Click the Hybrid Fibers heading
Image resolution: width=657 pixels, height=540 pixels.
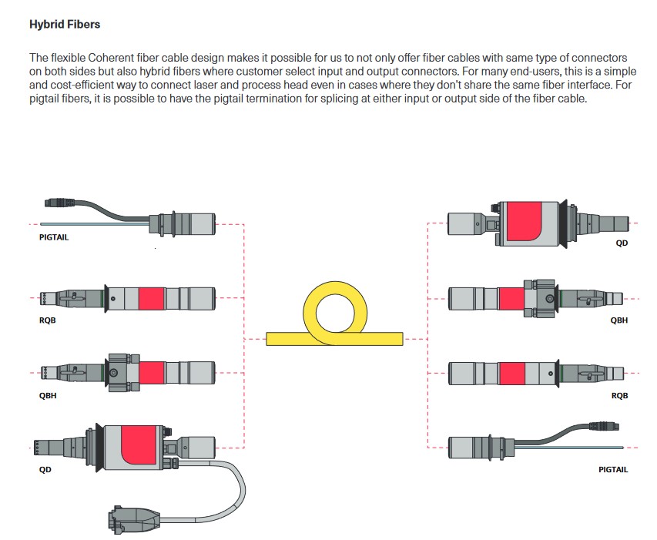tap(65, 25)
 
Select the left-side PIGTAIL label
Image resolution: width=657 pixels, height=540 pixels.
tap(54, 237)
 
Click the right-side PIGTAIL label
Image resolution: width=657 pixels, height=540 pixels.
tap(613, 469)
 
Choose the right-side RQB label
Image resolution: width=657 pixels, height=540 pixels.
tap(619, 395)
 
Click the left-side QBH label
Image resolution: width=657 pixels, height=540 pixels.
tap(48, 395)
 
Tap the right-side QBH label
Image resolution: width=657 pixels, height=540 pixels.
tap(619, 320)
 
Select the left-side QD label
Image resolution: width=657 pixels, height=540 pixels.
tap(45, 469)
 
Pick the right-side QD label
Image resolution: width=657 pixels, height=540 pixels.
tap(622, 243)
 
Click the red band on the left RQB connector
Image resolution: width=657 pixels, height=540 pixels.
tap(151, 297)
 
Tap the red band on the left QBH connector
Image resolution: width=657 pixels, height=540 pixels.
tap(152, 373)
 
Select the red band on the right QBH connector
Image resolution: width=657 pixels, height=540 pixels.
tap(510, 298)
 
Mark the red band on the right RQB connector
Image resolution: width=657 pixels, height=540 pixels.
tap(511, 373)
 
